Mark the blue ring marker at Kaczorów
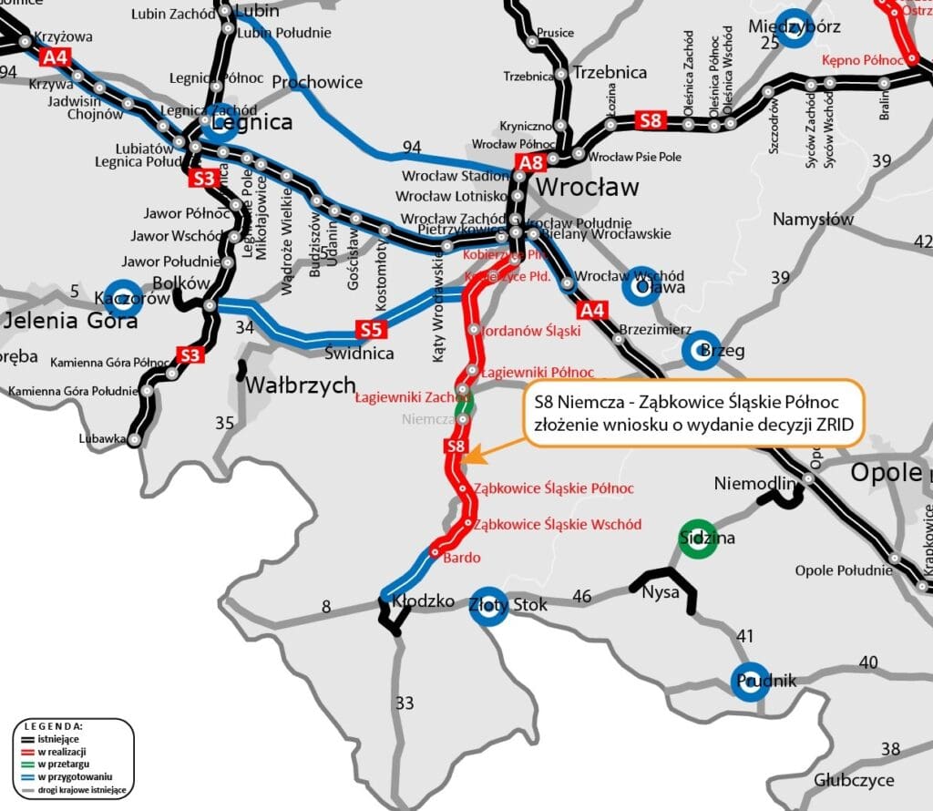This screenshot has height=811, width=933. coord(124,297)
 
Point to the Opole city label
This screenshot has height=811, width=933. coord(886,472)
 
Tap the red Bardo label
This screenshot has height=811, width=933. coord(461,558)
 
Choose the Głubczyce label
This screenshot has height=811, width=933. coord(854,780)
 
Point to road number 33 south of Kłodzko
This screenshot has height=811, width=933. coord(405,703)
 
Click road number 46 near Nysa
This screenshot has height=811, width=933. coord(581,597)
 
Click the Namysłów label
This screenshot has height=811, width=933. coord(813,220)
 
